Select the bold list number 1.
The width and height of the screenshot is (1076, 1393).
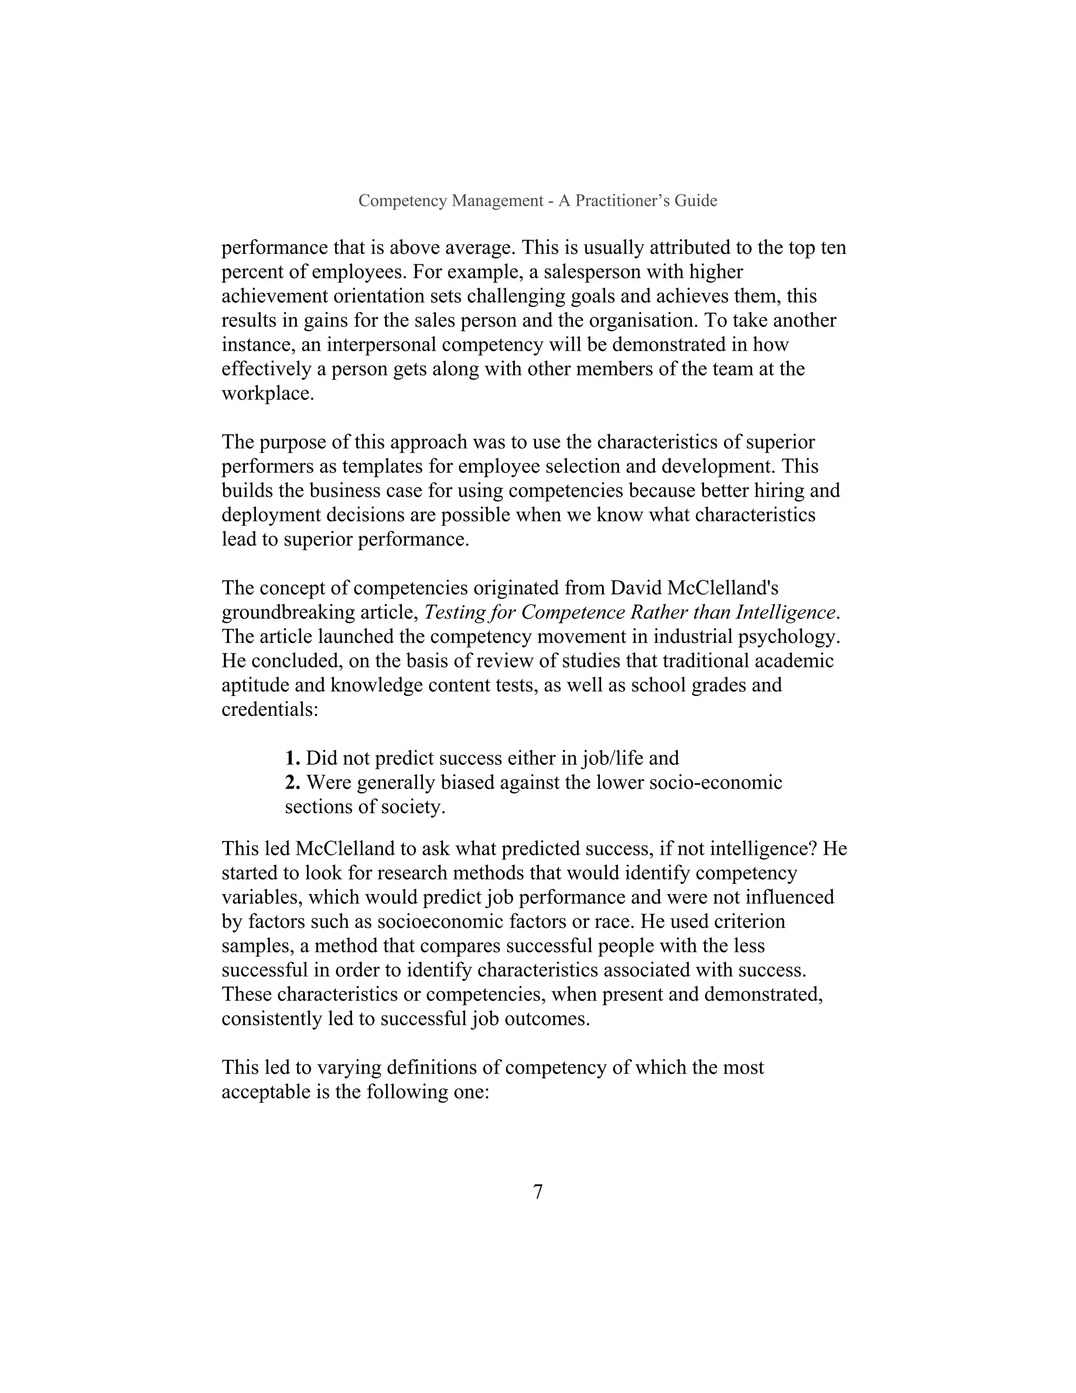click(292, 759)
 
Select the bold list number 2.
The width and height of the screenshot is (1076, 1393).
click(292, 783)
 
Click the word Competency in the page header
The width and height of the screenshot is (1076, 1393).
click(402, 201)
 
